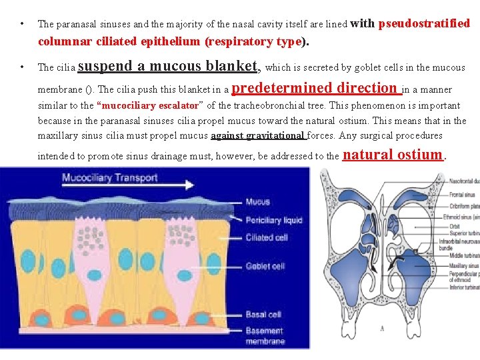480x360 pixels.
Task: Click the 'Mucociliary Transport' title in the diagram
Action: tap(110, 178)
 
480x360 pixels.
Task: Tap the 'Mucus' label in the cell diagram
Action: tap(257, 201)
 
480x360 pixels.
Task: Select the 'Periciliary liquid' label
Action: tap(273, 219)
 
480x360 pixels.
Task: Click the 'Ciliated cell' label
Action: tap(267, 237)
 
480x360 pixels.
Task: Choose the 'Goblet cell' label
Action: tap(265, 266)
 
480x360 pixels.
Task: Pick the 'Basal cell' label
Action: tap(263, 314)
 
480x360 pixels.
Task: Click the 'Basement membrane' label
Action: tap(265, 335)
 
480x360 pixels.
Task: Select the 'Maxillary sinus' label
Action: tap(463, 266)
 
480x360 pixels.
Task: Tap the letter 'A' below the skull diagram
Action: tap(382, 328)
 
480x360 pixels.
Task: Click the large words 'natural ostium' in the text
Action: tap(392, 155)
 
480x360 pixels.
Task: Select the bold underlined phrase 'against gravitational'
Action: tap(258, 136)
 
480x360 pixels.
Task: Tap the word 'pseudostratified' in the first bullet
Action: tap(424, 24)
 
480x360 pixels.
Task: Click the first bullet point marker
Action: tap(23, 25)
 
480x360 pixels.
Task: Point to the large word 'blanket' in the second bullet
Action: tap(231, 66)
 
